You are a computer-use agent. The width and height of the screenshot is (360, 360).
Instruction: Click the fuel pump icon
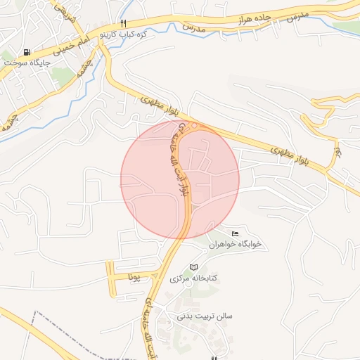pos(27,52)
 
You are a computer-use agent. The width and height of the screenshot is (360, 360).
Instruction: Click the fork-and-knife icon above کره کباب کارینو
pos(124,22)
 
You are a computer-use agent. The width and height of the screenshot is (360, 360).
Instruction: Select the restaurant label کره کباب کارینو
pos(124,33)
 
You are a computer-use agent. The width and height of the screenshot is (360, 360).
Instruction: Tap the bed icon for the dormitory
pos(234,233)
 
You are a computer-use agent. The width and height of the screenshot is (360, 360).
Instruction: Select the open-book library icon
pos(194,268)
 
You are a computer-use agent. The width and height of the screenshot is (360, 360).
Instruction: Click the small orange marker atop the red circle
pos(194,126)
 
